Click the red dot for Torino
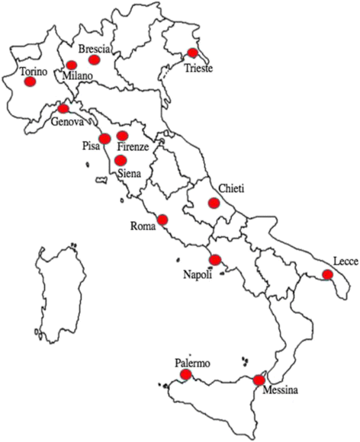30,82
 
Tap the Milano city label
77,76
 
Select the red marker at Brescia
95,59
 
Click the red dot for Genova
63,108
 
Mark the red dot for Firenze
123,136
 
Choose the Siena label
131,174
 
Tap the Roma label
143,226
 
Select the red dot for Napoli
215,260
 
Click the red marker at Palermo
186,375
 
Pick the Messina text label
281,392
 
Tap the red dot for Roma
162,221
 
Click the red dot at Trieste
192,53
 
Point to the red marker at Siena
121,160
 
